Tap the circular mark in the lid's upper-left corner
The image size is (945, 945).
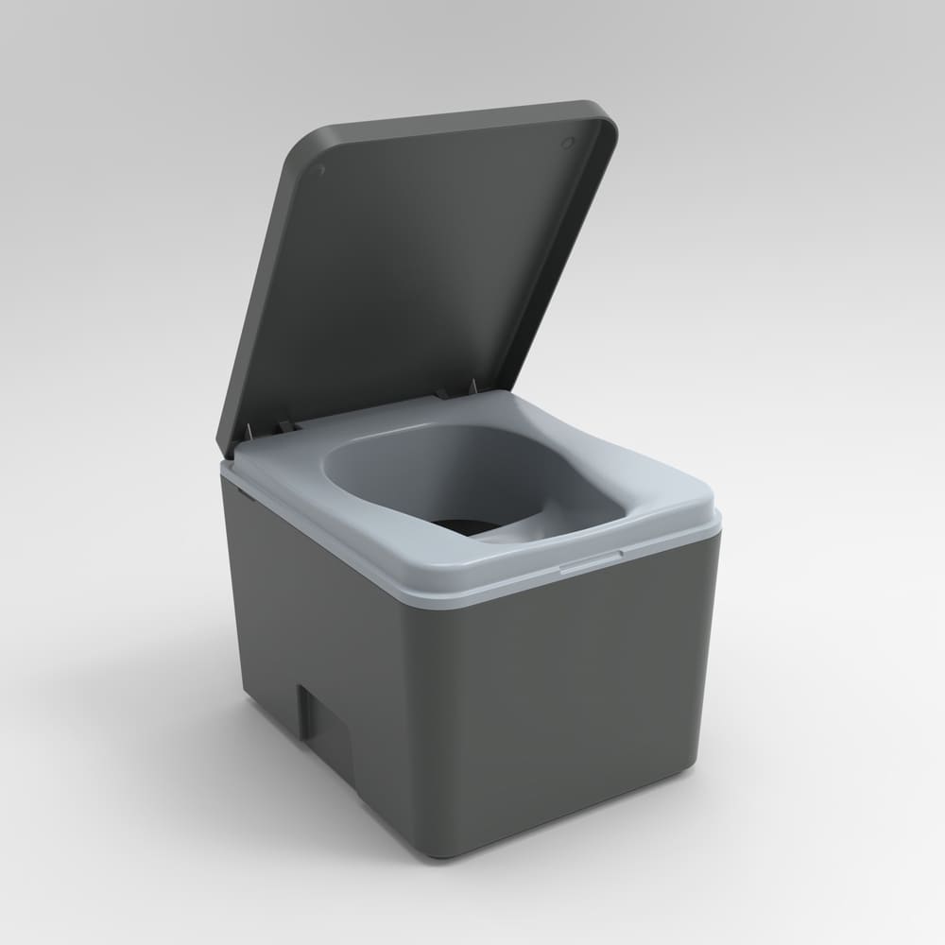pyautogui.click(x=320, y=171)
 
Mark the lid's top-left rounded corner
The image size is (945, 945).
pyautogui.click(x=301, y=151)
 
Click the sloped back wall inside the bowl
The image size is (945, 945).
pyautogui.click(x=416, y=463)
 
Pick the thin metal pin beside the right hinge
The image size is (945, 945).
pyautogui.click(x=470, y=385)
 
